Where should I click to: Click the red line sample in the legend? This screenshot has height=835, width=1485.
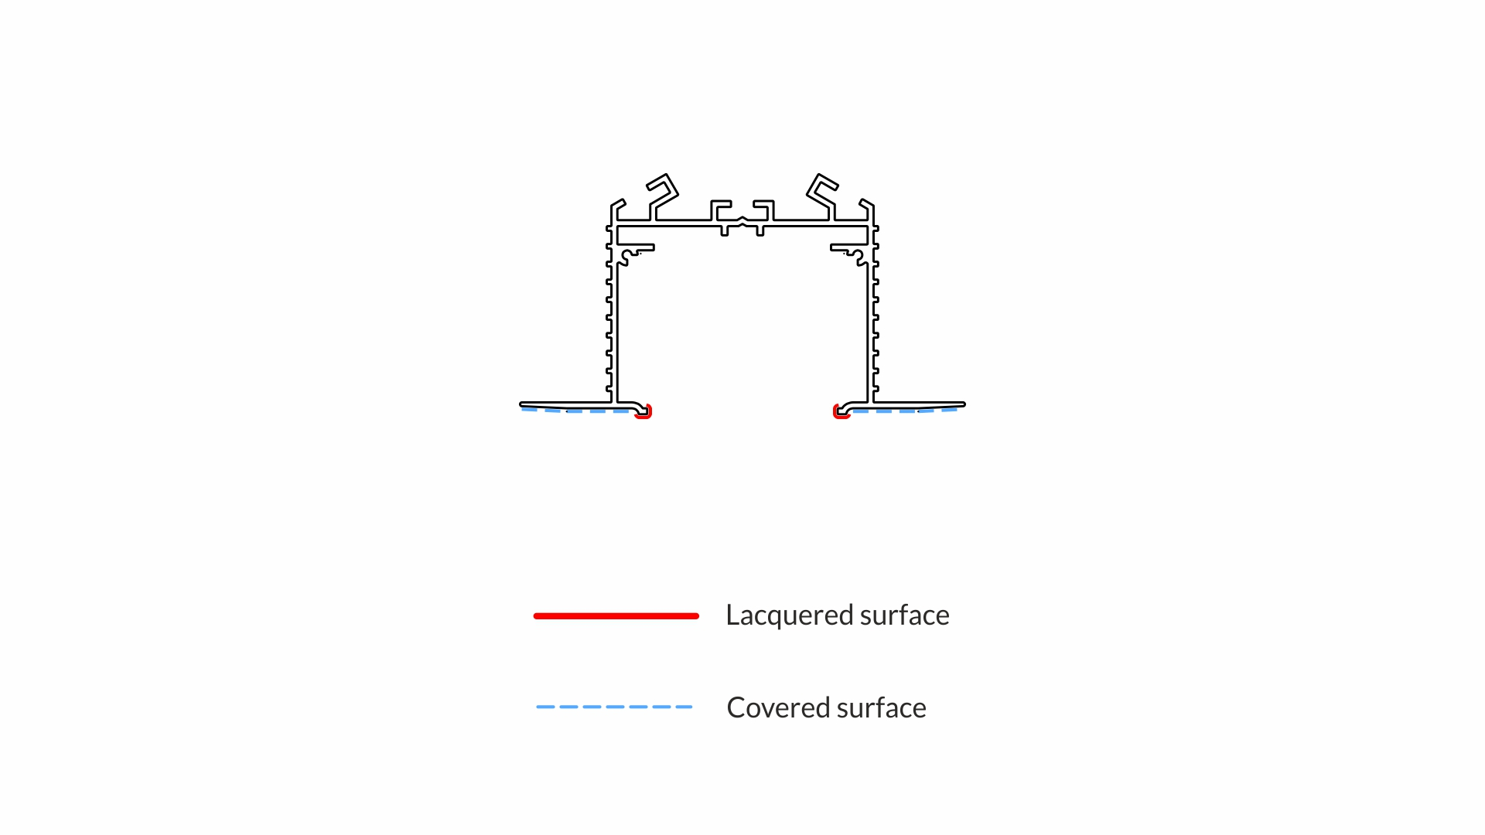616,615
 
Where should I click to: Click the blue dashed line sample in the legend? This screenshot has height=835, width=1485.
614,707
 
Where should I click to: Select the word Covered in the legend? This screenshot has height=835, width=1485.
778,707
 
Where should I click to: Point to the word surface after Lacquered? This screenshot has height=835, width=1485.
904,615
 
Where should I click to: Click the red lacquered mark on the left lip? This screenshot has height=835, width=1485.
644,413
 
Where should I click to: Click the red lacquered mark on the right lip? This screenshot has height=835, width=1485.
840,413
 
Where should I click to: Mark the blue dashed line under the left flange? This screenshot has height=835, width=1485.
576,411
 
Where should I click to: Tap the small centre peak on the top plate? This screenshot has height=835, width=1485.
742,220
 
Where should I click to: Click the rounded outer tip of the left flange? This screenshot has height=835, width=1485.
522,404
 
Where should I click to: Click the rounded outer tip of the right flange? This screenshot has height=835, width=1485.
963,404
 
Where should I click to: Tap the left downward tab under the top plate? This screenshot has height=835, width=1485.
725,231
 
